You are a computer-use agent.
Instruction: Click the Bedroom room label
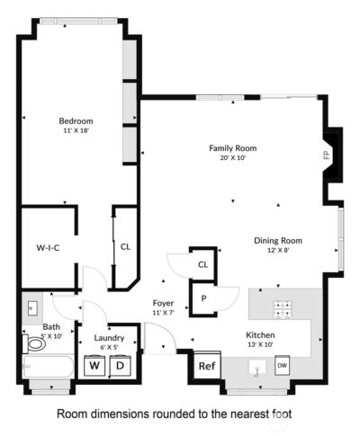(76, 121)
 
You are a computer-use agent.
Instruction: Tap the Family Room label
(233, 148)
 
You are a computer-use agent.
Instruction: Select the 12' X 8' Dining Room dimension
(278, 250)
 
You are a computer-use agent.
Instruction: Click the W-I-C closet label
(48, 248)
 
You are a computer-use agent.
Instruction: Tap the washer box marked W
(94, 366)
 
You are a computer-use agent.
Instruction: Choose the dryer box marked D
(120, 366)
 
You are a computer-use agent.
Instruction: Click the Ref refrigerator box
(207, 366)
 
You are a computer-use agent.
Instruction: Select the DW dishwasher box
(282, 365)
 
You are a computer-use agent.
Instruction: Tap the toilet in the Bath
(33, 344)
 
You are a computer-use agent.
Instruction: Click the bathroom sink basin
(32, 308)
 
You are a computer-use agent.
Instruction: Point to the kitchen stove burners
(283, 309)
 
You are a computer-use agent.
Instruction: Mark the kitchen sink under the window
(257, 368)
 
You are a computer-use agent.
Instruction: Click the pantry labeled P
(203, 298)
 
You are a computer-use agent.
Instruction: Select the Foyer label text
(163, 303)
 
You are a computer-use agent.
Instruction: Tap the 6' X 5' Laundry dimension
(109, 347)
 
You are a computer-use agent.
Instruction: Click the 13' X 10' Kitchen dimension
(260, 344)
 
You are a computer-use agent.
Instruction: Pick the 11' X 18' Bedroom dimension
(76, 130)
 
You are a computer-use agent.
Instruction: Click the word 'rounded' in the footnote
(173, 414)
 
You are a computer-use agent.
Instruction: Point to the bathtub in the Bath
(48, 367)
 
